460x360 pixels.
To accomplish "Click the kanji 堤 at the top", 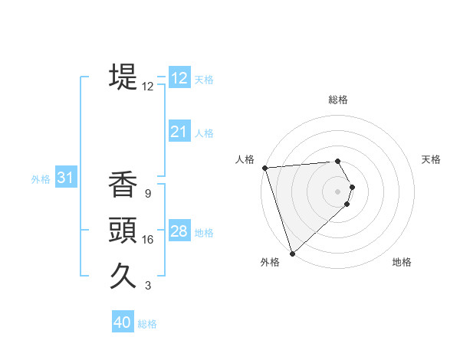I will coord(123,77).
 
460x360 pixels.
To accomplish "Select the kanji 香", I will coord(123,185).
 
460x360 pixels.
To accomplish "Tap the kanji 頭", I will coord(123,230).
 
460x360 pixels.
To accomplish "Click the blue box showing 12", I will coord(179,77).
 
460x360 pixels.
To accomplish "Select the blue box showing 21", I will coord(179,132).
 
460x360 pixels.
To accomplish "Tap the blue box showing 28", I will coord(179,231).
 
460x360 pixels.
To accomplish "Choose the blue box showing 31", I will coord(66,178).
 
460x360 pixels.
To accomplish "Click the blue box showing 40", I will coord(123,322).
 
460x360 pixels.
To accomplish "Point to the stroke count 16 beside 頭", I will coord(148,240).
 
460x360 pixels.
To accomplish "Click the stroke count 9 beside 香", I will coord(148,194).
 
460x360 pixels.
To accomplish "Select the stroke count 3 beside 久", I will coord(148,286).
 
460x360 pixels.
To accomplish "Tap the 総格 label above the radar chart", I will coord(338,100).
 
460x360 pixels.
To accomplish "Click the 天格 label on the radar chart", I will coord(432,159).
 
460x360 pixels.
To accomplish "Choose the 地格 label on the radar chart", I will coord(402,262).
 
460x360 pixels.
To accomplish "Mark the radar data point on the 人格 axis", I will coord(264,168).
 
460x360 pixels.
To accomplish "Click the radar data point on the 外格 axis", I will coord(292,253).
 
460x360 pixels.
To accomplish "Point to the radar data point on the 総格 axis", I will coord(337,161).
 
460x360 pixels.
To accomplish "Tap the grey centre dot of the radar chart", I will coord(338,191).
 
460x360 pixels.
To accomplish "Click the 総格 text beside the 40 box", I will coord(147,323).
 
